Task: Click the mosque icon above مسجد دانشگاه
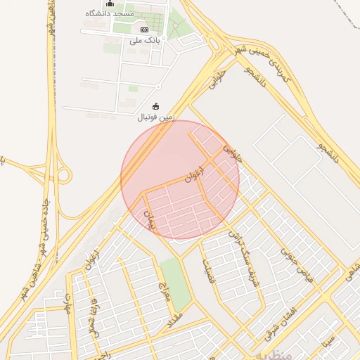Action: pyautogui.click(x=109, y=4)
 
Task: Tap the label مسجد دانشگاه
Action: pyautogui.click(x=108, y=13)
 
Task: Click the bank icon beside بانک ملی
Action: pyautogui.click(x=144, y=30)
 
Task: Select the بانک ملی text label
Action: pyautogui.click(x=145, y=40)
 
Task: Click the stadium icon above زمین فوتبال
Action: pyautogui.click(x=155, y=106)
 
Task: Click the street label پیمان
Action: pyautogui.click(x=148, y=218)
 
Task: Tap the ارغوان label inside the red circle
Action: pyautogui.click(x=193, y=175)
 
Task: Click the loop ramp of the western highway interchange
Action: pyautogui.click(x=62, y=174)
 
